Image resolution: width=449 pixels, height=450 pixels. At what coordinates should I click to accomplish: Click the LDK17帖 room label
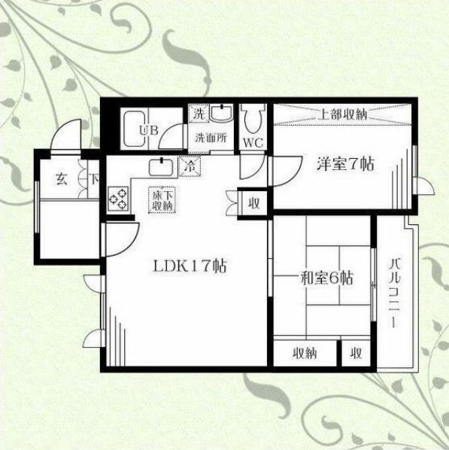[191, 266]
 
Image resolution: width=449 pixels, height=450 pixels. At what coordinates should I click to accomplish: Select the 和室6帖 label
[326, 278]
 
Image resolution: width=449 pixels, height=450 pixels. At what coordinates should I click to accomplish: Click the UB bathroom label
[147, 129]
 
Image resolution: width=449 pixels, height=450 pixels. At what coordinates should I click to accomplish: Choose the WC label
[251, 140]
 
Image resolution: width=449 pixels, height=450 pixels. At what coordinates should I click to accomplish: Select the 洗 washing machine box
[199, 113]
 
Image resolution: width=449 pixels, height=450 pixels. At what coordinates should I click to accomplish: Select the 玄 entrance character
[59, 180]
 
